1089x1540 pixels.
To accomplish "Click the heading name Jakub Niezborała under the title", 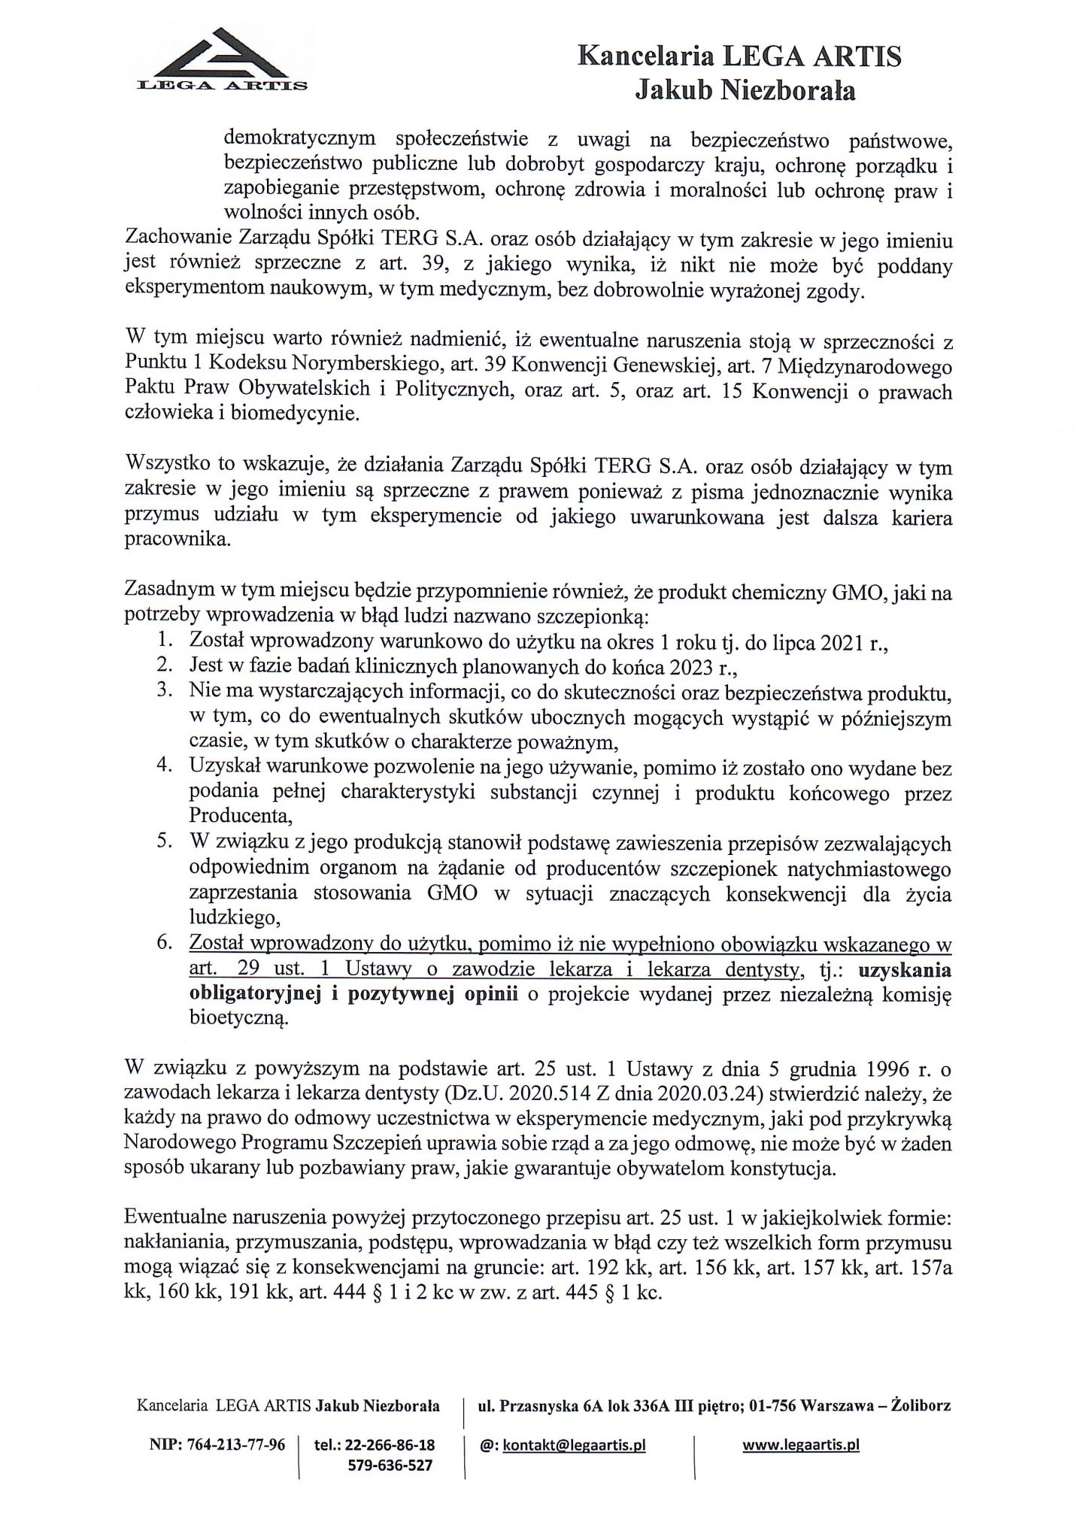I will (x=745, y=91).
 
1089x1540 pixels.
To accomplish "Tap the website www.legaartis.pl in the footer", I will (x=801, y=1446).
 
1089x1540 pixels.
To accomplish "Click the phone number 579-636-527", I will (x=392, y=1465).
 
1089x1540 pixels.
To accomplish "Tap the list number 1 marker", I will (x=165, y=641).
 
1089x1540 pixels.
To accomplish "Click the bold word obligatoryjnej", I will (x=253, y=995).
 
